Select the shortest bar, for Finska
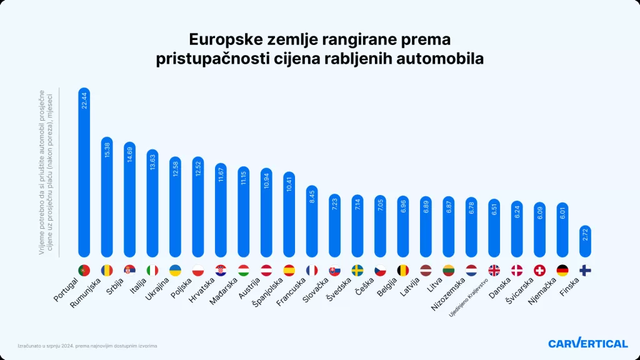click(585, 242)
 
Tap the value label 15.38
click(107, 154)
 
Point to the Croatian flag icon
click(221, 270)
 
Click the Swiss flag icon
click(539, 270)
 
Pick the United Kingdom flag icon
click(494, 270)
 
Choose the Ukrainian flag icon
click(175, 270)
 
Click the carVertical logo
click(587, 343)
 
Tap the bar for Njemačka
click(562, 231)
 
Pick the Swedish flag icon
click(357, 270)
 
